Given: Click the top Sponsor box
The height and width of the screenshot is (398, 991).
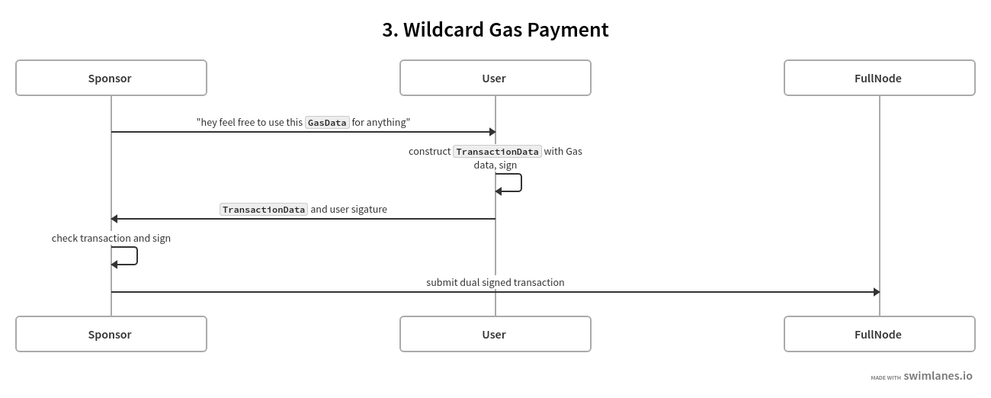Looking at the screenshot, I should pos(111,78).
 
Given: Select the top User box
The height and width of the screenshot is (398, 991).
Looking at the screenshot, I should pos(495,78).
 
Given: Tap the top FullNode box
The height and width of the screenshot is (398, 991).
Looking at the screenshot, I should pos(879,78).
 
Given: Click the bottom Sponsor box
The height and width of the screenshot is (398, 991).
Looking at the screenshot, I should pos(111,334).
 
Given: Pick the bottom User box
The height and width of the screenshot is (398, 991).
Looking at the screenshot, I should pos(495,334).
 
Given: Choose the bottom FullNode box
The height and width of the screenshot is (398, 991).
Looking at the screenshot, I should pos(879,334).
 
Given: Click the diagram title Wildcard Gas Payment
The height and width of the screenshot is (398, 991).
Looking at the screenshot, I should pos(496,30).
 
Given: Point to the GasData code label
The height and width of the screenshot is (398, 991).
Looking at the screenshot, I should pos(327,123).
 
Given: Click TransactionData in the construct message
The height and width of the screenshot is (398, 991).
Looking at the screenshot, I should pos(497,152).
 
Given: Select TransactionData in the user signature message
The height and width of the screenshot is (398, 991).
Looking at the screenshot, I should pos(264,210).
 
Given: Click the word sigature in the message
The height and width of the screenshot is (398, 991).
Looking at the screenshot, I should pos(368,210).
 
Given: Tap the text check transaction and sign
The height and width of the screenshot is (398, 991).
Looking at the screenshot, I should pos(111,238).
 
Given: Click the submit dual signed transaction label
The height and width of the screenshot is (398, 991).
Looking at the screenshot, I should pos(496,282).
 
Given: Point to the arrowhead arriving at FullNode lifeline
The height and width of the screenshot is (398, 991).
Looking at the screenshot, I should pos(876,292).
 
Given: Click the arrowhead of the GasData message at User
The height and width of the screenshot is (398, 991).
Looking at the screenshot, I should pos(492,132).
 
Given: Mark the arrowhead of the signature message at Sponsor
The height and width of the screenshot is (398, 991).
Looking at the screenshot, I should pos(114,219).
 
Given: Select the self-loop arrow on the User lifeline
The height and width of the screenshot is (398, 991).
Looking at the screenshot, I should pos(520,183).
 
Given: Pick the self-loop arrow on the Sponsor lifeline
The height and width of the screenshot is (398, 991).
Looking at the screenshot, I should pos(136,256).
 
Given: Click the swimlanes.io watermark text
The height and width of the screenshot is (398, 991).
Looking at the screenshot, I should pos(938,376).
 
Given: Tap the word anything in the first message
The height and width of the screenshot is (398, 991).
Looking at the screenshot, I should pos(388,122).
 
